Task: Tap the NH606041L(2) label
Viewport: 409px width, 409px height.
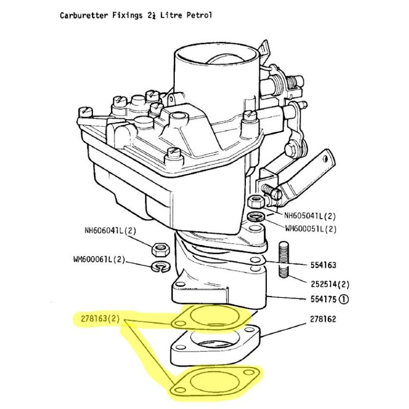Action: [110, 231]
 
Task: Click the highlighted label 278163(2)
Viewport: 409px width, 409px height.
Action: [100, 319]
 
